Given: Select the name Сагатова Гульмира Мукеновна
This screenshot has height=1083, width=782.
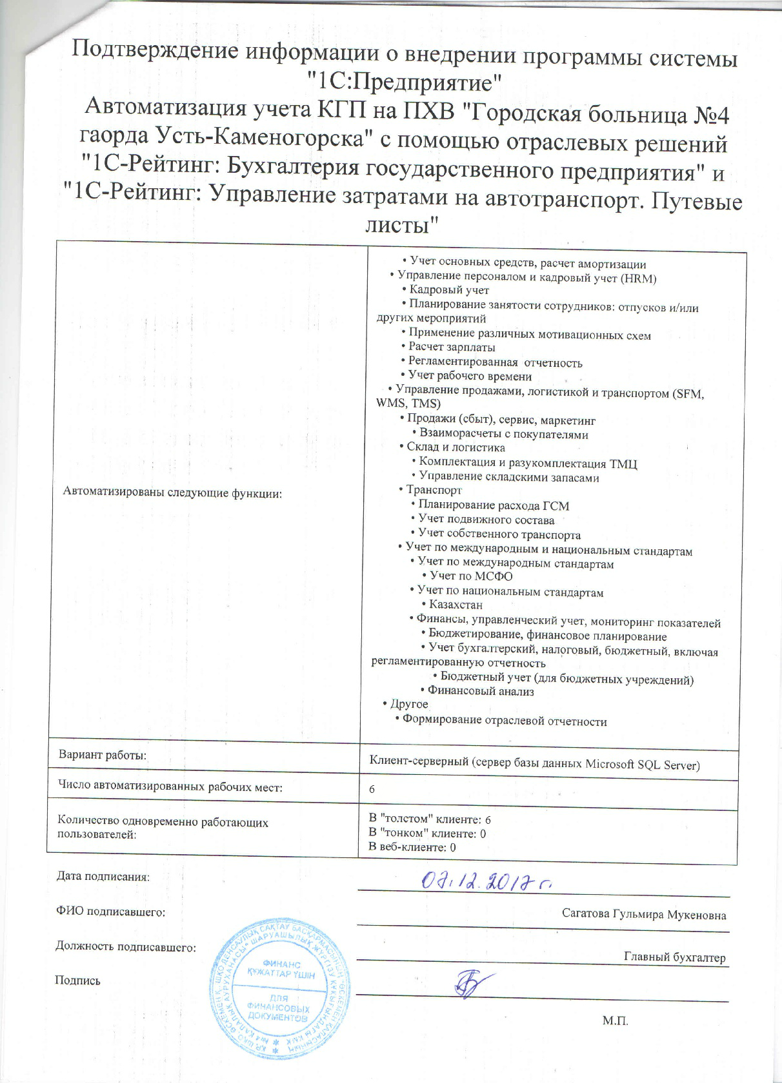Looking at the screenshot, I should point(643,915).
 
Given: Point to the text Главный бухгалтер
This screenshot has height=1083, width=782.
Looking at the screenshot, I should point(674,957).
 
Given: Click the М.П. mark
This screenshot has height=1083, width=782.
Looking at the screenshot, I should point(615,1020).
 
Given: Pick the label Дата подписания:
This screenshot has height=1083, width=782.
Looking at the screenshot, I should point(103,877).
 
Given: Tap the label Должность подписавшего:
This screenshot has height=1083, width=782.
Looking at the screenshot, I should point(125,947).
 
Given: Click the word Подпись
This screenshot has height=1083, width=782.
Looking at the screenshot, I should point(77,981).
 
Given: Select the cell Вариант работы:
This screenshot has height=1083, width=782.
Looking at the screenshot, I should point(103,754).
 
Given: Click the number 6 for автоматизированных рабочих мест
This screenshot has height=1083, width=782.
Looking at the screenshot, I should point(372,790).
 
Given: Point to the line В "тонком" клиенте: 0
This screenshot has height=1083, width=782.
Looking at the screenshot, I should point(427,833).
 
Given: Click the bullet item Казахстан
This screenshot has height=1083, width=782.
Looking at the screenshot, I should point(456,605).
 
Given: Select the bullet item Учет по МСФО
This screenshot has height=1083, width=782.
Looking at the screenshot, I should point(471,576).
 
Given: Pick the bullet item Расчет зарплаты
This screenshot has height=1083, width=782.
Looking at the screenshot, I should point(452,347).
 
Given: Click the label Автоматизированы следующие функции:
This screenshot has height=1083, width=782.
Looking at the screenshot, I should point(172,493).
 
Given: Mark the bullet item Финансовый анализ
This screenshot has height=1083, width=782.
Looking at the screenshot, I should point(481,691).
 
